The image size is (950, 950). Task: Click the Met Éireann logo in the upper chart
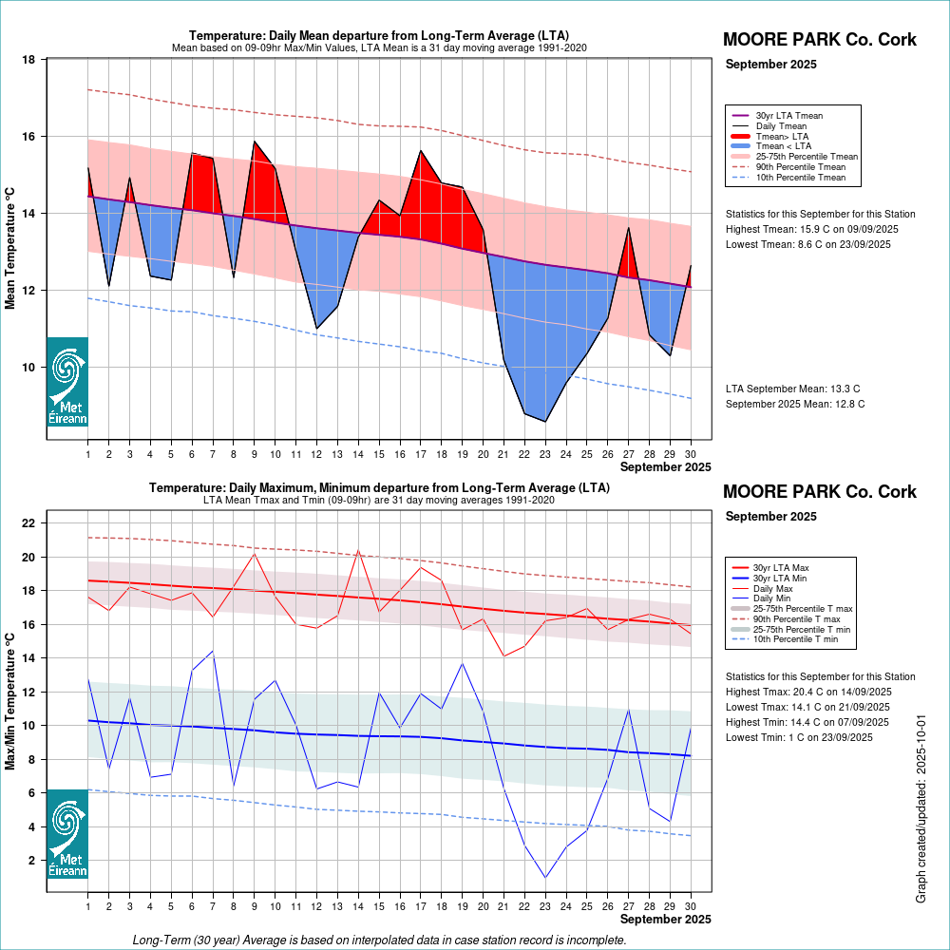pyautogui.click(x=67, y=382)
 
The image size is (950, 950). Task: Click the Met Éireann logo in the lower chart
pyautogui.click(x=67, y=833)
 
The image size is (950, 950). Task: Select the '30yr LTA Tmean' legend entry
pyautogui.click(x=788, y=116)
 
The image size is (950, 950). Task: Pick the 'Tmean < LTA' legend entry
pyautogui.click(x=783, y=146)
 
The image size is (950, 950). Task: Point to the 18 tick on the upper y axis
pyautogui.click(x=29, y=60)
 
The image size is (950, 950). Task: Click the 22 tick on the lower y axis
pyautogui.click(x=29, y=523)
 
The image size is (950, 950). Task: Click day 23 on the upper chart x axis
pyautogui.click(x=545, y=454)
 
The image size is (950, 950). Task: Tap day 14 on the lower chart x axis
pyautogui.click(x=358, y=906)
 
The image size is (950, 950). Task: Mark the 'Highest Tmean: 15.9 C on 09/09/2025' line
pyautogui.click(x=812, y=229)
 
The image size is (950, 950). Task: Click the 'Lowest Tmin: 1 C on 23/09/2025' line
pyautogui.click(x=805, y=737)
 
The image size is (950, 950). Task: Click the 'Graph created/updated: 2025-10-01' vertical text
pyautogui.click(x=921, y=808)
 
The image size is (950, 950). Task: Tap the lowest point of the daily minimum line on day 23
pyautogui.click(x=545, y=877)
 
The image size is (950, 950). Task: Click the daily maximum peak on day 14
pyautogui.click(x=358, y=550)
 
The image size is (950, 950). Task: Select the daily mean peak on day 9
pyautogui.click(x=255, y=142)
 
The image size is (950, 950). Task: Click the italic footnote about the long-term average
pyautogui.click(x=380, y=940)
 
